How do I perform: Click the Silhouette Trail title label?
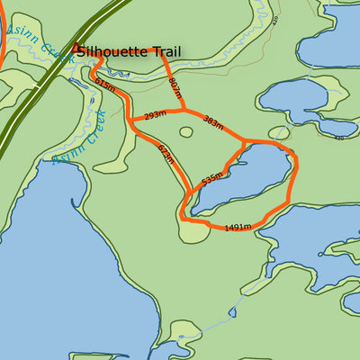click(x=122, y=51)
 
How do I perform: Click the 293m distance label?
click(x=156, y=115)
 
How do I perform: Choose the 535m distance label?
click(x=211, y=178)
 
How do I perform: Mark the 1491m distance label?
click(x=237, y=228)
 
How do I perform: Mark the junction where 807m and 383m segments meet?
click(x=184, y=111)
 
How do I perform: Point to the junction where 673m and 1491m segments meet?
click(x=184, y=219)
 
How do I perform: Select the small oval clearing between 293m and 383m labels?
click(x=186, y=132)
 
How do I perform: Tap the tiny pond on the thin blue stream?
click(x=232, y=312)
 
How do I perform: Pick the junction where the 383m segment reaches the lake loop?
click(x=245, y=141)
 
